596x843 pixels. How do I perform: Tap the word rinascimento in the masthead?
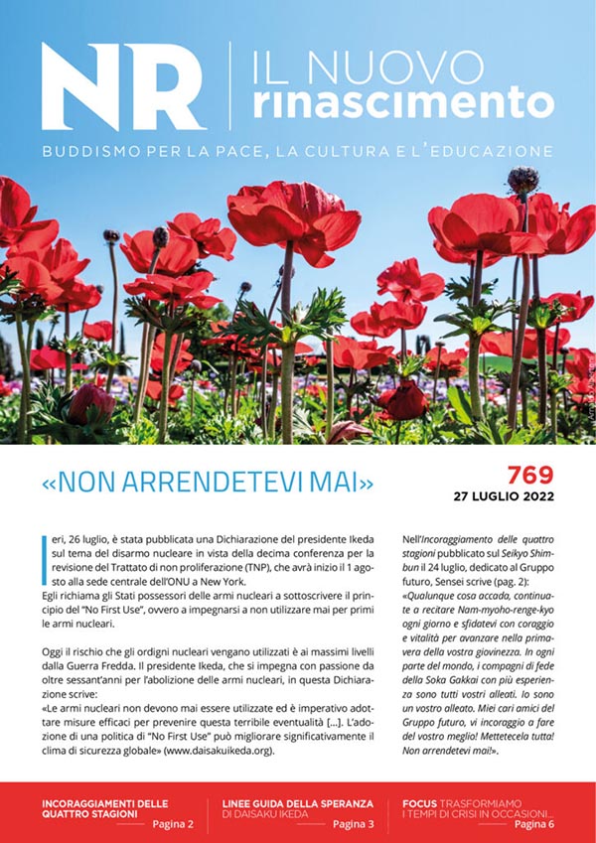[x=401, y=100]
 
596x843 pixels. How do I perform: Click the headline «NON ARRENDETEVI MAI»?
[x=208, y=484]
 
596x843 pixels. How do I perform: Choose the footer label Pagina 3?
[x=354, y=824]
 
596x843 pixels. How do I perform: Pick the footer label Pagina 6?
[x=535, y=824]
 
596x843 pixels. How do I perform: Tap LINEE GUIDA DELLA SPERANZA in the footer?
[x=297, y=802]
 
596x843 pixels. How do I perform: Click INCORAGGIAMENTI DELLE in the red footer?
[x=105, y=802]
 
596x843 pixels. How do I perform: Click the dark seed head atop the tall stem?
[x=522, y=180]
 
